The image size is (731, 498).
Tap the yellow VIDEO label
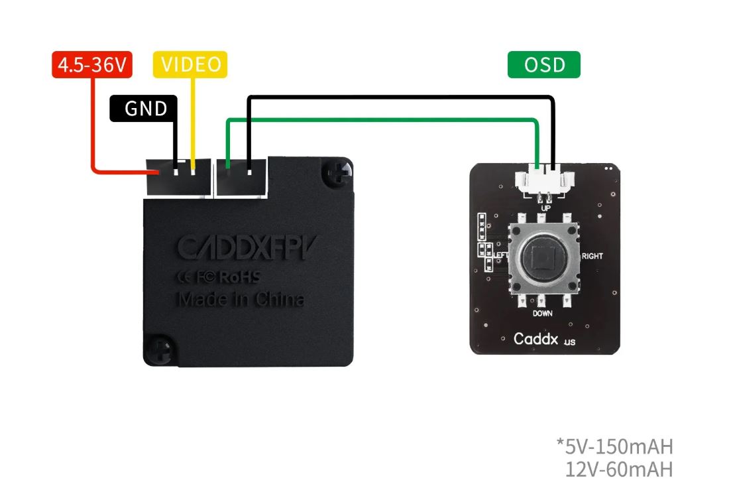[191, 64]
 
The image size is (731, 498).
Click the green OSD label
[543, 64]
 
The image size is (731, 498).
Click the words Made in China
[241, 299]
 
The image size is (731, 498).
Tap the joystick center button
[544, 257]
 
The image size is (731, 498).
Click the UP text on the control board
[545, 208]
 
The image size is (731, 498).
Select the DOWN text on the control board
[543, 313]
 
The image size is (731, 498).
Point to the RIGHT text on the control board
[592, 256]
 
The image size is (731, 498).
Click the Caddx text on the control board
[536, 339]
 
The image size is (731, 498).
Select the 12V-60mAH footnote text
[619, 469]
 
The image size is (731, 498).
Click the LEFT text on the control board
[501, 255]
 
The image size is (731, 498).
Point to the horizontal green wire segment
[384, 120]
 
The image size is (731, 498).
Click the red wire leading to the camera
[94, 133]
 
